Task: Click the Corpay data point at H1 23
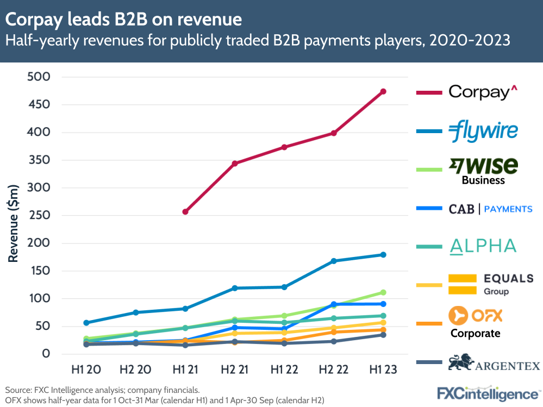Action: tap(383, 91)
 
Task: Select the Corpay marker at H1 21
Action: tap(185, 211)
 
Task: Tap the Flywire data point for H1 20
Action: tap(86, 323)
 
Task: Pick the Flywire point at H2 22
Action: tap(334, 261)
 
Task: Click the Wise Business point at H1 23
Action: tap(383, 292)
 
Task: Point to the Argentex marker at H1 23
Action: tap(383, 335)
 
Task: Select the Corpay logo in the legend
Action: tap(479, 92)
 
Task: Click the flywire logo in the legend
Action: tap(483, 130)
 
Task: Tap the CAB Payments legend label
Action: tap(490, 209)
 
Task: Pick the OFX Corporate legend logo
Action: tap(475, 322)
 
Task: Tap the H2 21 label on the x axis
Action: tap(235, 370)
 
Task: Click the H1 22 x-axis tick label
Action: tap(284, 370)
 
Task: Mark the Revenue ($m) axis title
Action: tap(13, 223)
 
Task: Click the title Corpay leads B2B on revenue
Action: tap(123, 20)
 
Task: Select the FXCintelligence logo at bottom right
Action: tap(488, 393)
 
